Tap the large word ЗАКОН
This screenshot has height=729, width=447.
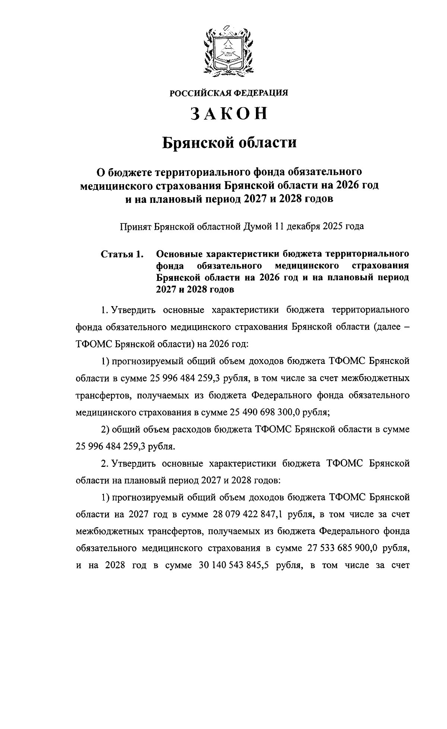[x=229, y=114]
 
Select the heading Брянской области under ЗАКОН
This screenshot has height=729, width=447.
[x=229, y=143]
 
